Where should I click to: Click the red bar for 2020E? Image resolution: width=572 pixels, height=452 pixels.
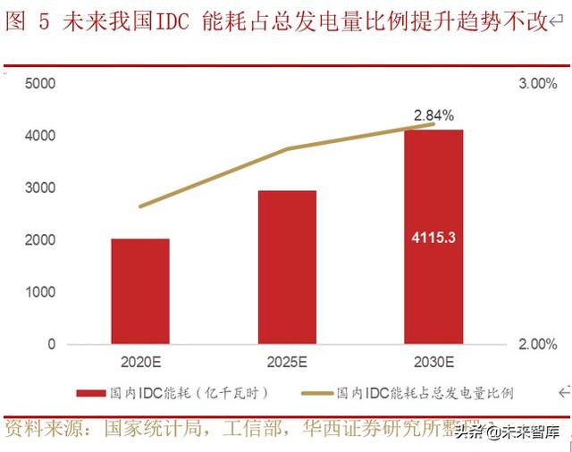140,291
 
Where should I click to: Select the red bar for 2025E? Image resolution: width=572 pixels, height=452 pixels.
287,267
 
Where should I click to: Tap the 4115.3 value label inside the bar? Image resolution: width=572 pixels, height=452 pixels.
433,239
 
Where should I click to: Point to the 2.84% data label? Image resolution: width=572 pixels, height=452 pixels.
433,114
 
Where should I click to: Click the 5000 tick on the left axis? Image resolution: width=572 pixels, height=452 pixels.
40,84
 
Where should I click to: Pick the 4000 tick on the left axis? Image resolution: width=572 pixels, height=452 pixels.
40,136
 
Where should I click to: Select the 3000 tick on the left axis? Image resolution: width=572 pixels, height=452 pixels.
40,188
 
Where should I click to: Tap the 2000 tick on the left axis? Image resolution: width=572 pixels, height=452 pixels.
40,240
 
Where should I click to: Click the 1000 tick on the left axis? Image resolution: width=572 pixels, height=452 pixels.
40,292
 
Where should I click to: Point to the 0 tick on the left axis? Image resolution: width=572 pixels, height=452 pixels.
51,344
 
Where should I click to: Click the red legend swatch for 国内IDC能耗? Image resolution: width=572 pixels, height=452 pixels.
91,393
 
